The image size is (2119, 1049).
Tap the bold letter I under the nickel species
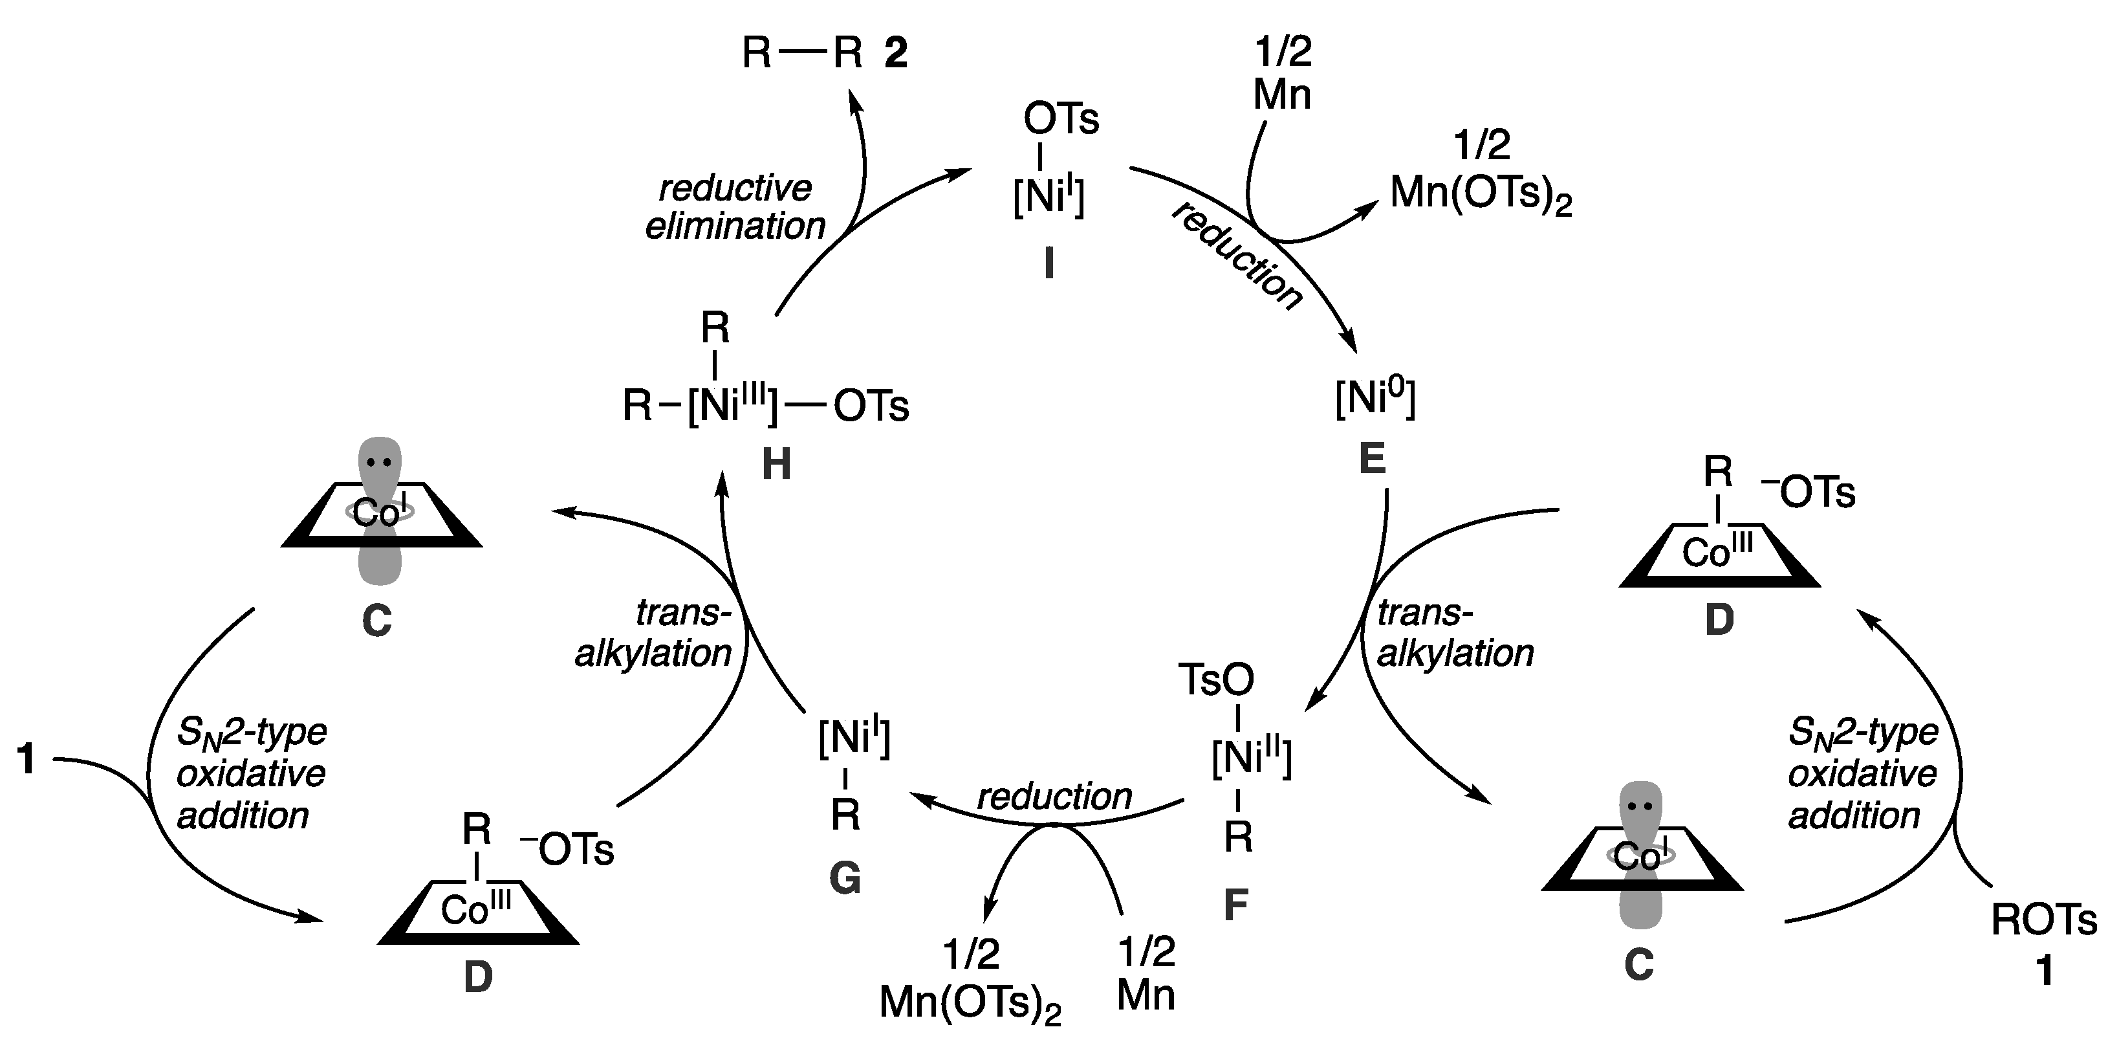coord(1049,265)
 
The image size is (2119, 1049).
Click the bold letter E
coord(1372,459)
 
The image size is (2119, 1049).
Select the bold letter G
coord(845,879)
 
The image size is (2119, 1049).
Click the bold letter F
coord(1235,905)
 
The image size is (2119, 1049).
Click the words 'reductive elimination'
coord(735,206)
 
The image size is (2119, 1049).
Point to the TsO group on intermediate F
coord(1217,679)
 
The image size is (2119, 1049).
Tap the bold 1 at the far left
coord(27,758)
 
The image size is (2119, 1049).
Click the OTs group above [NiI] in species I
coord(1061,119)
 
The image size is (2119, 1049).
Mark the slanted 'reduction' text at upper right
coord(1236,256)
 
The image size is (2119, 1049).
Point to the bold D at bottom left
coord(478,977)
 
